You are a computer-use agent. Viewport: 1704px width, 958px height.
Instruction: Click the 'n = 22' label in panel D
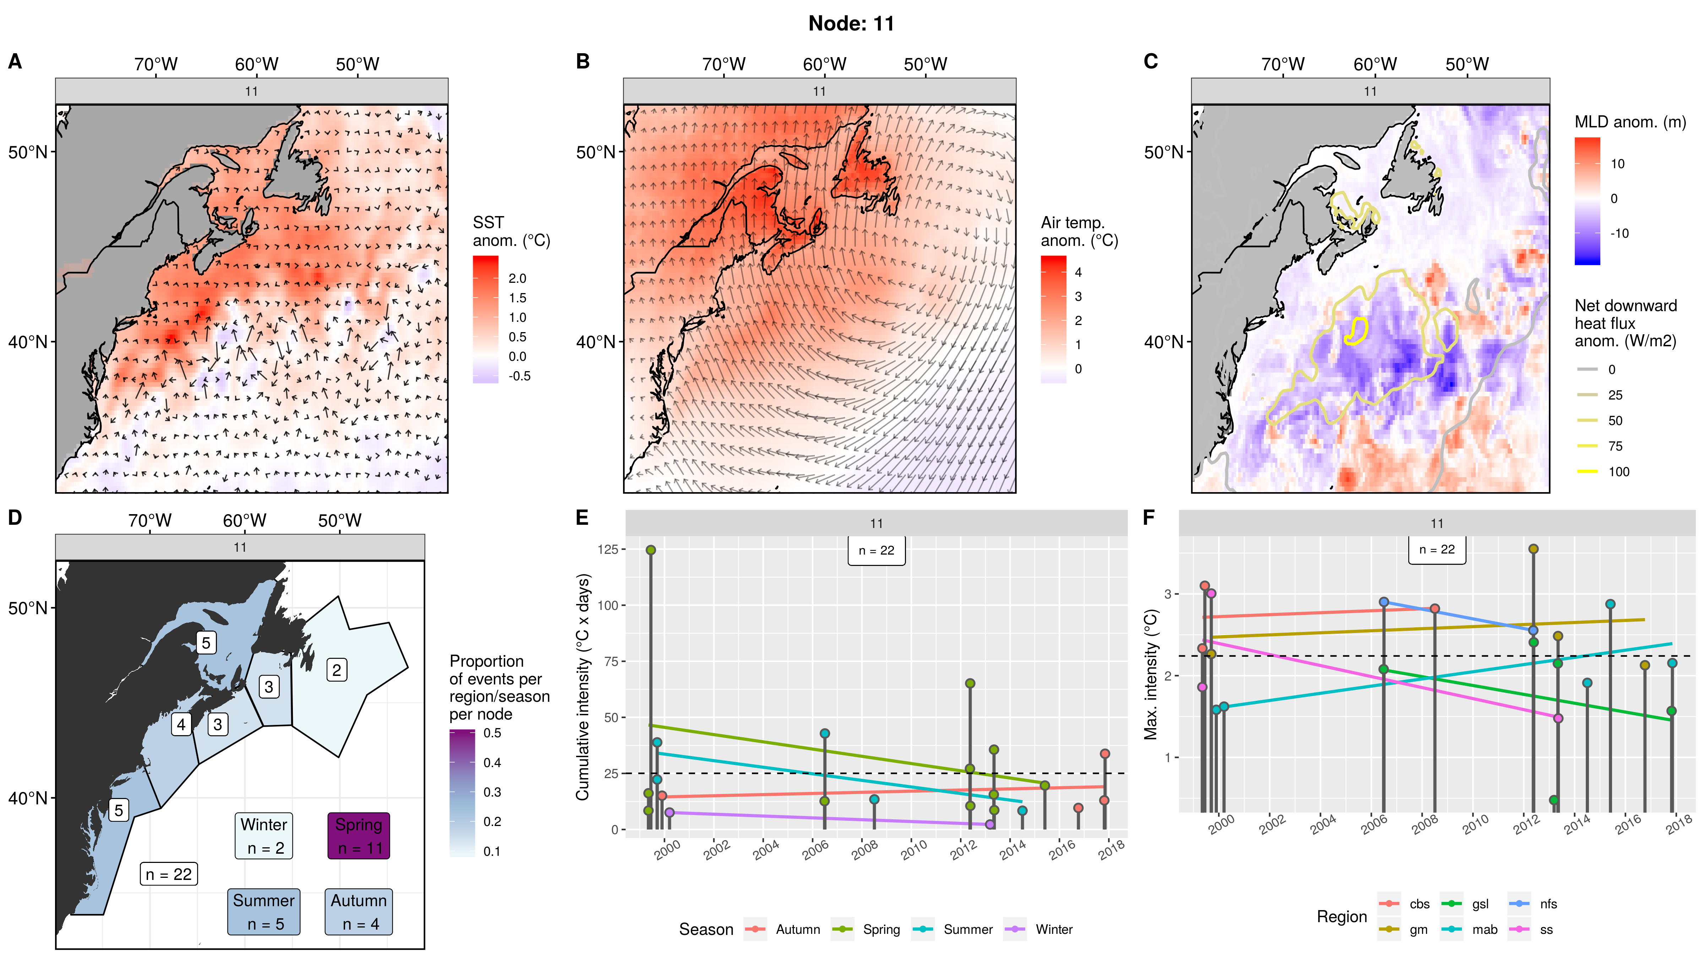pyautogui.click(x=169, y=874)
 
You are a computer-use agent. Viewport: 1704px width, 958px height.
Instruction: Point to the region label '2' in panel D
pyautogui.click(x=337, y=670)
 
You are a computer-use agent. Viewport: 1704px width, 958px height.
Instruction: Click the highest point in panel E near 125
pyautogui.click(x=651, y=550)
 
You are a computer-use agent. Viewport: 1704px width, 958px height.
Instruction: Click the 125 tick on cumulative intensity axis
pyautogui.click(x=608, y=549)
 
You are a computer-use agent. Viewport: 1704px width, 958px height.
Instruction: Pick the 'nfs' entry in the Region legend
pyautogui.click(x=1548, y=904)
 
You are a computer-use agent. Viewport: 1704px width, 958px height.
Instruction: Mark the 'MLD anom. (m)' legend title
pyautogui.click(x=1630, y=122)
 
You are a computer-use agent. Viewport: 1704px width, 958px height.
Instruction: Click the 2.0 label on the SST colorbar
pyautogui.click(x=517, y=278)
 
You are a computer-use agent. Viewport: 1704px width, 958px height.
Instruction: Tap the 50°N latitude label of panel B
pyautogui.click(x=595, y=152)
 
